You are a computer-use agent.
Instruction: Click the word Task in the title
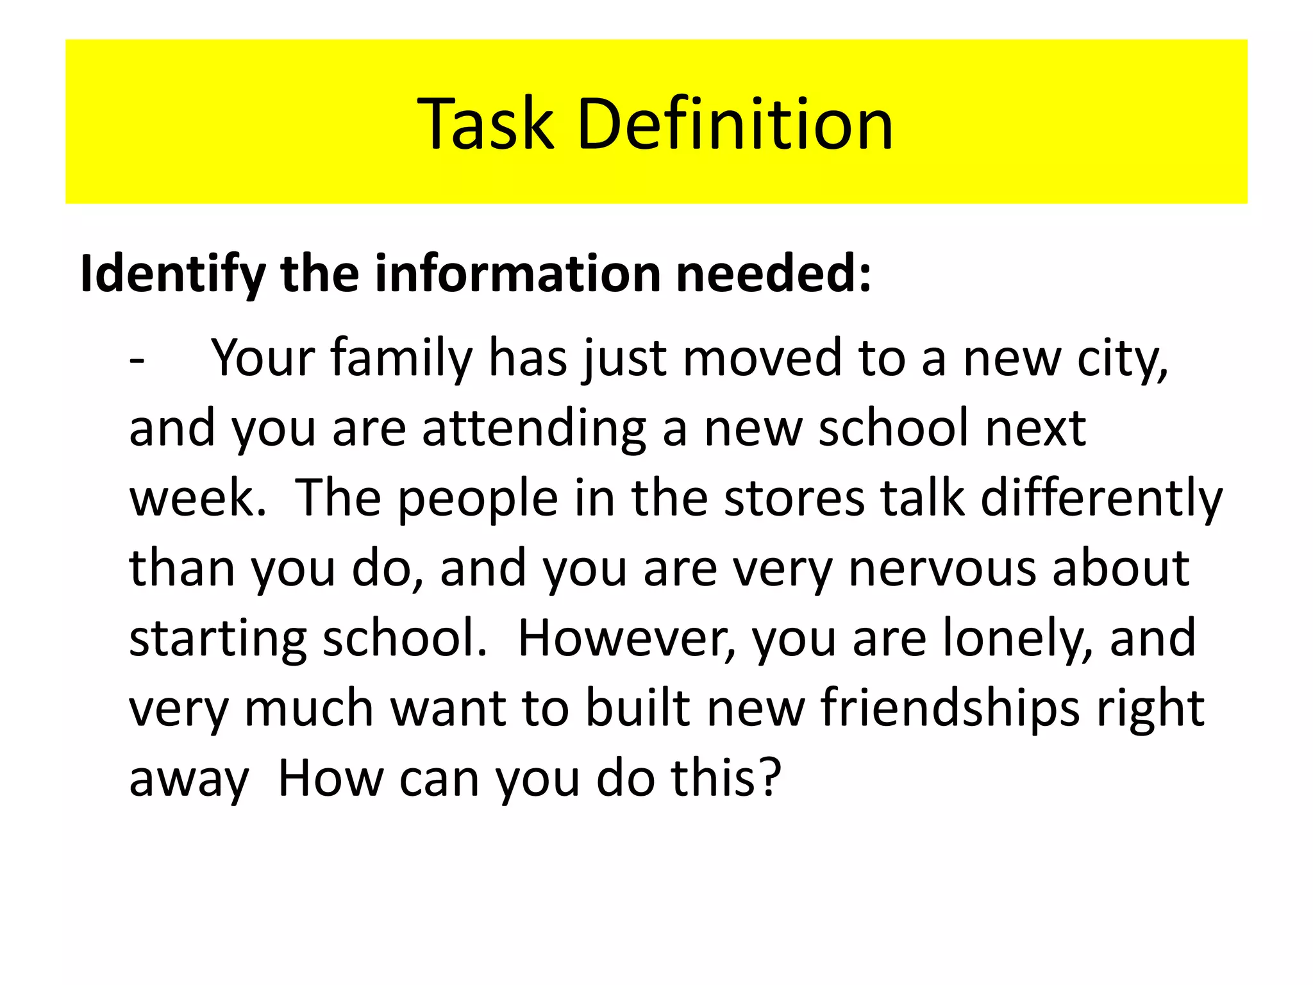pyautogui.click(x=485, y=123)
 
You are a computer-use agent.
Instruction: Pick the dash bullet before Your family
pyautogui.click(x=137, y=359)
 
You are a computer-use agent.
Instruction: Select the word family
pyautogui.click(x=401, y=359)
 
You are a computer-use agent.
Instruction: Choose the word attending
pyautogui.click(x=533, y=429)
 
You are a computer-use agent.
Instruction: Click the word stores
pyautogui.click(x=794, y=498)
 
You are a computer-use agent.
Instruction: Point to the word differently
pyautogui.click(x=1101, y=500)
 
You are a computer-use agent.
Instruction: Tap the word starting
pyautogui.click(x=217, y=639)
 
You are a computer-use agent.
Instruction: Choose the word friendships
pyautogui.click(x=949, y=709)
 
